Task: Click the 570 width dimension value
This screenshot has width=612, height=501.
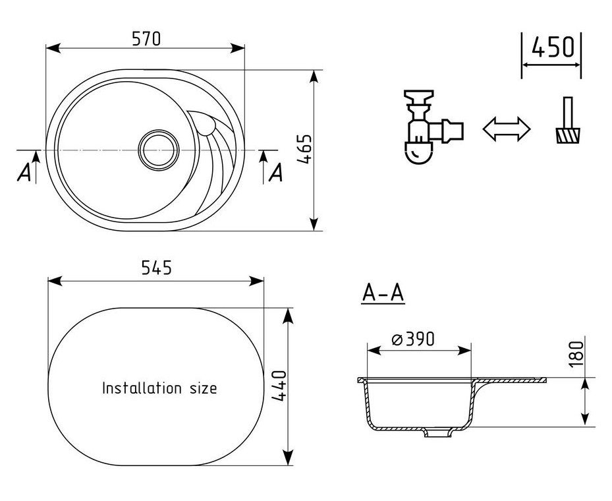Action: [x=146, y=39]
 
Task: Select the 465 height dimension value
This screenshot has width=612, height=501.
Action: [x=305, y=149]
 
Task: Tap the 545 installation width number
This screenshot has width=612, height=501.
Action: [x=156, y=268]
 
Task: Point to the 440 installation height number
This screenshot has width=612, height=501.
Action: [x=279, y=386]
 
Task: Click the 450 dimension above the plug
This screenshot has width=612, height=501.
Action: [x=553, y=47]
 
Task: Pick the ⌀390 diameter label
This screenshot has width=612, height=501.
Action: [x=412, y=339]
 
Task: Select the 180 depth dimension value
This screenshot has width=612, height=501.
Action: [x=576, y=354]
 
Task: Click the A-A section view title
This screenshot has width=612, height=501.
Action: [x=383, y=293]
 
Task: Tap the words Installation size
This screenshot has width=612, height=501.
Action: [x=159, y=388]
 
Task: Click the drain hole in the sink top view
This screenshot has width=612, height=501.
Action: [x=159, y=150]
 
